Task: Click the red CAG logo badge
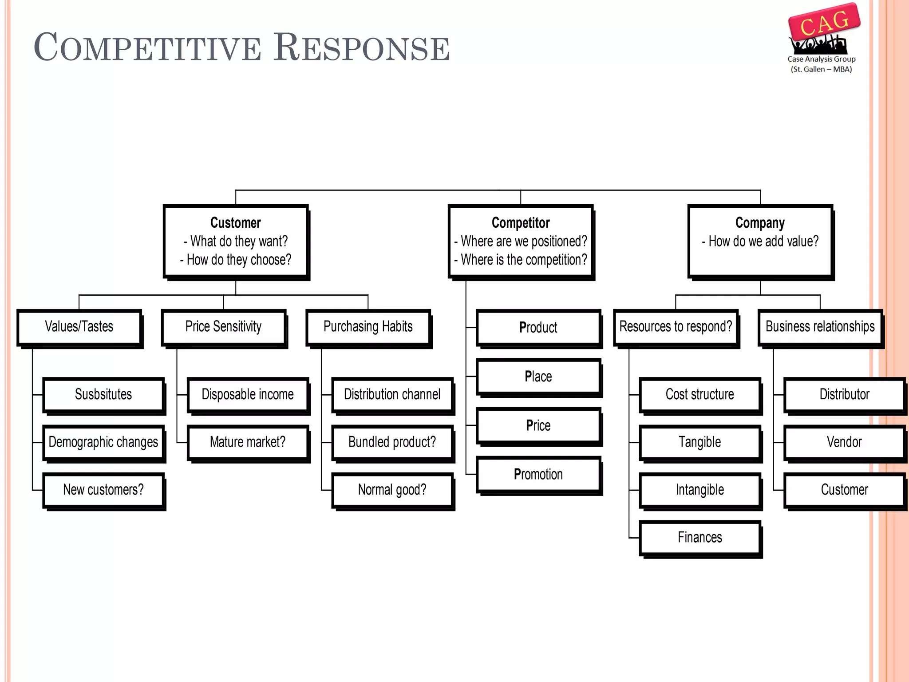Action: coord(824,22)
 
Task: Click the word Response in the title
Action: coord(361,48)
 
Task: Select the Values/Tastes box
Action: coord(79,327)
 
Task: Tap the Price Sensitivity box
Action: coord(223,327)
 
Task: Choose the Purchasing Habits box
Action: coord(368,327)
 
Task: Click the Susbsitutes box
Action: coord(103,394)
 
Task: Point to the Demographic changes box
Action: coord(103,442)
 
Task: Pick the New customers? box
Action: coord(103,490)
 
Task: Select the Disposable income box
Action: coord(248,394)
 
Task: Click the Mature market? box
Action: coord(248,442)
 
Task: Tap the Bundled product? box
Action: coord(392,442)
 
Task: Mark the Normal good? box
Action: coord(392,490)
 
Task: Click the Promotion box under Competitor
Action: coord(538,474)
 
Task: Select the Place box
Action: coord(538,377)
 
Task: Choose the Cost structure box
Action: coord(700,394)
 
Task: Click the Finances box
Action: coord(700,538)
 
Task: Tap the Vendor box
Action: coord(844,442)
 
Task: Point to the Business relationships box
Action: coord(820,327)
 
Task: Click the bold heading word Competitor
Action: coord(521,222)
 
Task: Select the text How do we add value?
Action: coord(763,241)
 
